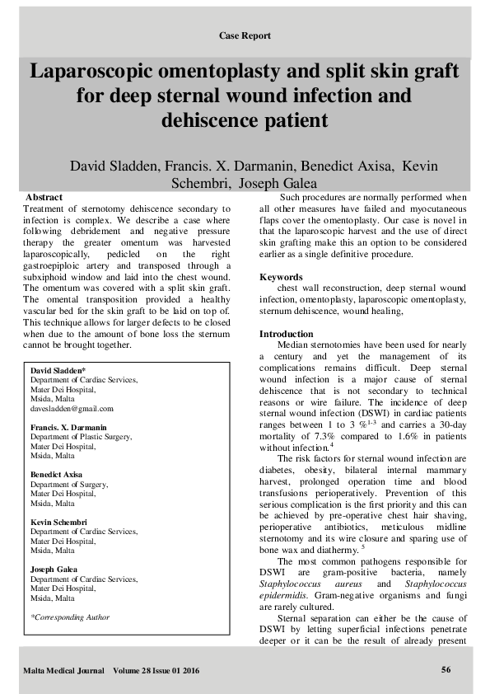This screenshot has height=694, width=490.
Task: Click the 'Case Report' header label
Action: click(245, 35)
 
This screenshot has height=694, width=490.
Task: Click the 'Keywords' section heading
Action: click(282, 277)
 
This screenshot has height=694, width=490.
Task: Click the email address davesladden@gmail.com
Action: click(72, 408)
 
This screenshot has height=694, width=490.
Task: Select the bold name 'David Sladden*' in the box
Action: click(58, 372)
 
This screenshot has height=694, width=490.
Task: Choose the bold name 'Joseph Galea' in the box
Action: click(54, 570)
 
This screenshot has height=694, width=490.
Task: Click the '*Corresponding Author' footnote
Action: click(69, 617)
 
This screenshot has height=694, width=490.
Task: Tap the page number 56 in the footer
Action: click(446, 668)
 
